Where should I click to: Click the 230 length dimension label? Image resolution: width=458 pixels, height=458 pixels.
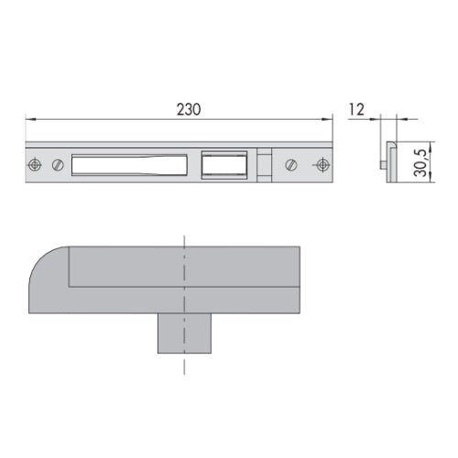[x=189, y=110]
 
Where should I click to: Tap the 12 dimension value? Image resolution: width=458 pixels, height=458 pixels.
[x=356, y=110]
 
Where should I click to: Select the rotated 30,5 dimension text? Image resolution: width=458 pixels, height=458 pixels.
[x=420, y=163]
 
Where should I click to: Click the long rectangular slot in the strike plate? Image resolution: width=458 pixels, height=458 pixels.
[x=129, y=165]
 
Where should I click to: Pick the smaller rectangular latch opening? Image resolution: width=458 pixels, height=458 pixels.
[x=224, y=165]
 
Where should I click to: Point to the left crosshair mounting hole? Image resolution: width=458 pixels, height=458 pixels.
[x=35, y=165]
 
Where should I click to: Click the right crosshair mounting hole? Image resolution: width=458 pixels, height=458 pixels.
[x=322, y=165]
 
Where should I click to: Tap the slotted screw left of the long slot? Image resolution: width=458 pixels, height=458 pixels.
[x=58, y=165]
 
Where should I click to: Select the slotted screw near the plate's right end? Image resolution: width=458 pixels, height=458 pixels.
[x=291, y=165]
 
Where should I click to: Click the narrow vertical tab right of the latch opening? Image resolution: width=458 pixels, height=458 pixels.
[x=264, y=165]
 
